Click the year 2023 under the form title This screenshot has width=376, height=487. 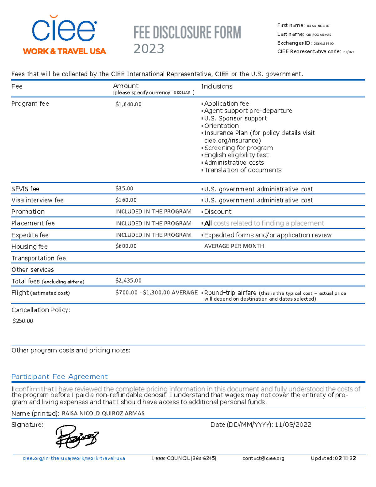[x=149, y=49]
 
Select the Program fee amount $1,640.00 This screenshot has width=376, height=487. [x=128, y=104]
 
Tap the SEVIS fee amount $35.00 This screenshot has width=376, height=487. [x=124, y=188]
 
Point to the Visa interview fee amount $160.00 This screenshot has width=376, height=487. [x=126, y=200]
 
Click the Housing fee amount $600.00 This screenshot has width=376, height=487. [x=126, y=246]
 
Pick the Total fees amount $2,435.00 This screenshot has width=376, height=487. [x=128, y=281]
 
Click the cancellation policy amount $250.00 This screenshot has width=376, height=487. [x=23, y=321]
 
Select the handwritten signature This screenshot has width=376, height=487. [x=77, y=437]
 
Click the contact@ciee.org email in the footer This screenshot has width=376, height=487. [x=263, y=458]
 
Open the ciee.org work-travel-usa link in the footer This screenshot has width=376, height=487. [x=74, y=458]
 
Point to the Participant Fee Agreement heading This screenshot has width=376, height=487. [x=60, y=377]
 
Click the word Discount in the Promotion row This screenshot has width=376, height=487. [x=218, y=212]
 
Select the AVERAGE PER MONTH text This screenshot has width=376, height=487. [x=234, y=246]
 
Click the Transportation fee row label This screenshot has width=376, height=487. [x=39, y=258]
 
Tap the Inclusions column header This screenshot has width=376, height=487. [x=217, y=86]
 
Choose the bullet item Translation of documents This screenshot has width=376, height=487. [x=243, y=170]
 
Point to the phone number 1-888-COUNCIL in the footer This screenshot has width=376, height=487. [x=184, y=458]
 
